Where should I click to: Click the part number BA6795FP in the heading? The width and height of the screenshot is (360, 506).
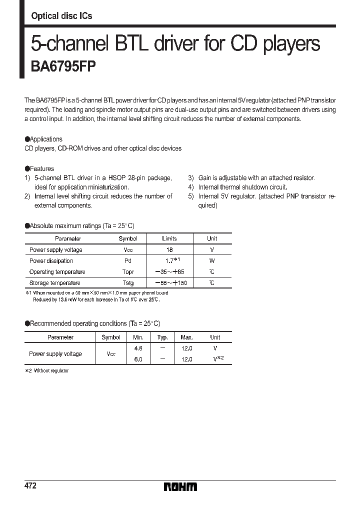(59, 67)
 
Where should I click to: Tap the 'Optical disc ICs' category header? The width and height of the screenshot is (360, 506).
(61, 16)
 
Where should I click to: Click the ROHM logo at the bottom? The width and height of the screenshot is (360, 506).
(180, 487)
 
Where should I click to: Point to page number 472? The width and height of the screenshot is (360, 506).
(30, 486)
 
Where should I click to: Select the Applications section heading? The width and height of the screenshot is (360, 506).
(43, 139)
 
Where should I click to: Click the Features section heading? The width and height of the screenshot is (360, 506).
(39, 169)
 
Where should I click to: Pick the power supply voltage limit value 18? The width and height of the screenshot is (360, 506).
(169, 249)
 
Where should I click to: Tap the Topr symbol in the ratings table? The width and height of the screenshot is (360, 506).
(128, 272)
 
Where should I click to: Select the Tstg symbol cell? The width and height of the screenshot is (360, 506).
(128, 283)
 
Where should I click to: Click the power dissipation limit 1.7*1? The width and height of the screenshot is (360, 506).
(171, 260)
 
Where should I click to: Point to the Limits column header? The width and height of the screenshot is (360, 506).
(169, 238)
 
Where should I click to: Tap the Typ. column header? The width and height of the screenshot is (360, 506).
(162, 337)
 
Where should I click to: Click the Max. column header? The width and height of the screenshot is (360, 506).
(186, 337)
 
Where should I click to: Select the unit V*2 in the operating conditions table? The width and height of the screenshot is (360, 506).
(217, 359)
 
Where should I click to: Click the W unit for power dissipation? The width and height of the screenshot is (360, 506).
(212, 260)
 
